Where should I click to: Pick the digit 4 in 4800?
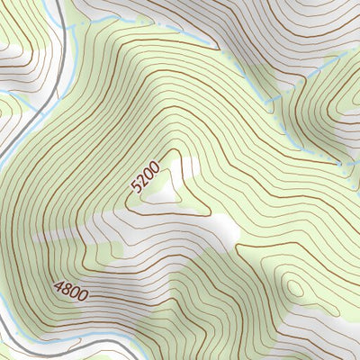click(x=58, y=287)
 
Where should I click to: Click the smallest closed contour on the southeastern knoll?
click(x=294, y=287)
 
